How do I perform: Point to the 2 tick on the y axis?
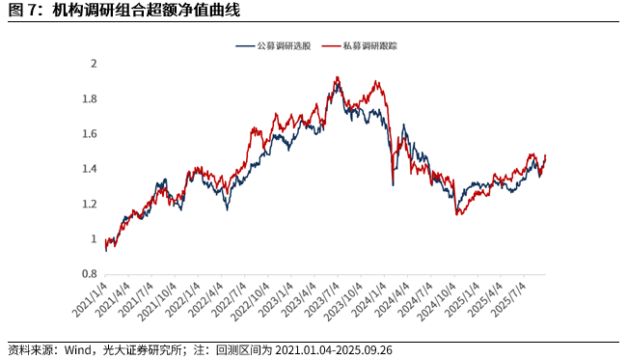[94, 64]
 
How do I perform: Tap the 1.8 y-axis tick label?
[90, 98]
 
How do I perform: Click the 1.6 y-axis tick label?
[90, 134]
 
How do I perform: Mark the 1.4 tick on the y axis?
[90, 169]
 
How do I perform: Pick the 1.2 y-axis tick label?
[90, 204]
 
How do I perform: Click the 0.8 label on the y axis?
[90, 274]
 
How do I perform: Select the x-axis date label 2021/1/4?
[88, 297]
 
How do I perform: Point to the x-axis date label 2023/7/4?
[319, 297]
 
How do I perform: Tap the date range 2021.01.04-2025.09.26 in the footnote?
[335, 349]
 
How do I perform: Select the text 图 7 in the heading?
[20, 11]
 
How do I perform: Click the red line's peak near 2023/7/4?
[336, 77]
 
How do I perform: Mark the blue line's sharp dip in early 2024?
[393, 184]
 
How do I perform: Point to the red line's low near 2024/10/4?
[457, 214]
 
